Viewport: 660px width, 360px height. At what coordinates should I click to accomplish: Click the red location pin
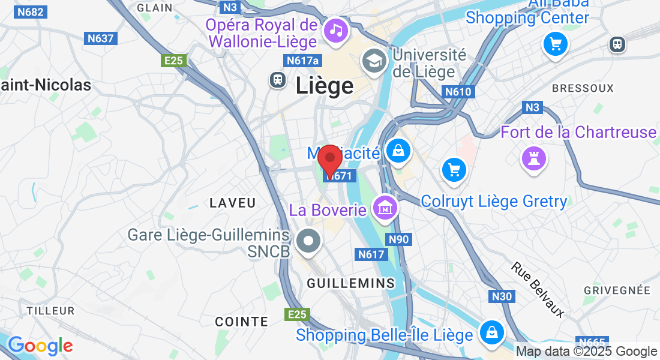pos(329,159)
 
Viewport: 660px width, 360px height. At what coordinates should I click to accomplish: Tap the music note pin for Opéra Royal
pos(336,30)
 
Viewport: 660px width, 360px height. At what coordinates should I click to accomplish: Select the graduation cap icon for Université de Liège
pos(374,61)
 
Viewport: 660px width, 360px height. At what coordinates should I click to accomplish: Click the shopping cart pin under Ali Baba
pos(555,44)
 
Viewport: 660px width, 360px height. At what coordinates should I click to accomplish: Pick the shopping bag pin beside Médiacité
pos(398,151)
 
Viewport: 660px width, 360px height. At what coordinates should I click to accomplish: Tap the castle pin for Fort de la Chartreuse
pos(532,158)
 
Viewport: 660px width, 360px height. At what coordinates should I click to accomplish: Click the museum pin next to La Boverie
pos(385,208)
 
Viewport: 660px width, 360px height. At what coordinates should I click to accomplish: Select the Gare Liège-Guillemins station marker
pos(309,241)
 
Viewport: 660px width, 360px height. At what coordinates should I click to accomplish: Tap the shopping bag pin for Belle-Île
pos(491,331)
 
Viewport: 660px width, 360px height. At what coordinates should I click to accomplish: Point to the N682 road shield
pos(31,12)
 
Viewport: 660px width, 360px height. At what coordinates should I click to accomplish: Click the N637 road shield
pos(101,38)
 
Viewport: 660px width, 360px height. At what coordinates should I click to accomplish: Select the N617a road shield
pos(303,61)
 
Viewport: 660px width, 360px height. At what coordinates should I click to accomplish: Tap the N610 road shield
pos(459,92)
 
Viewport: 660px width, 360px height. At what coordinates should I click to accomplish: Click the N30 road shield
pos(502,296)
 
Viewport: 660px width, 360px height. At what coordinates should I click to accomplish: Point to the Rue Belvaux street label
pos(538,289)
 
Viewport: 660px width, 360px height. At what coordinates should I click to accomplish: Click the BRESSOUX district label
pos(583,88)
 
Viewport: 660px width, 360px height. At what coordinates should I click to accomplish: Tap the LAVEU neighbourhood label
pos(233,203)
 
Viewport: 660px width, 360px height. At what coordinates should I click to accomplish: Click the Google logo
pos(40,346)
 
